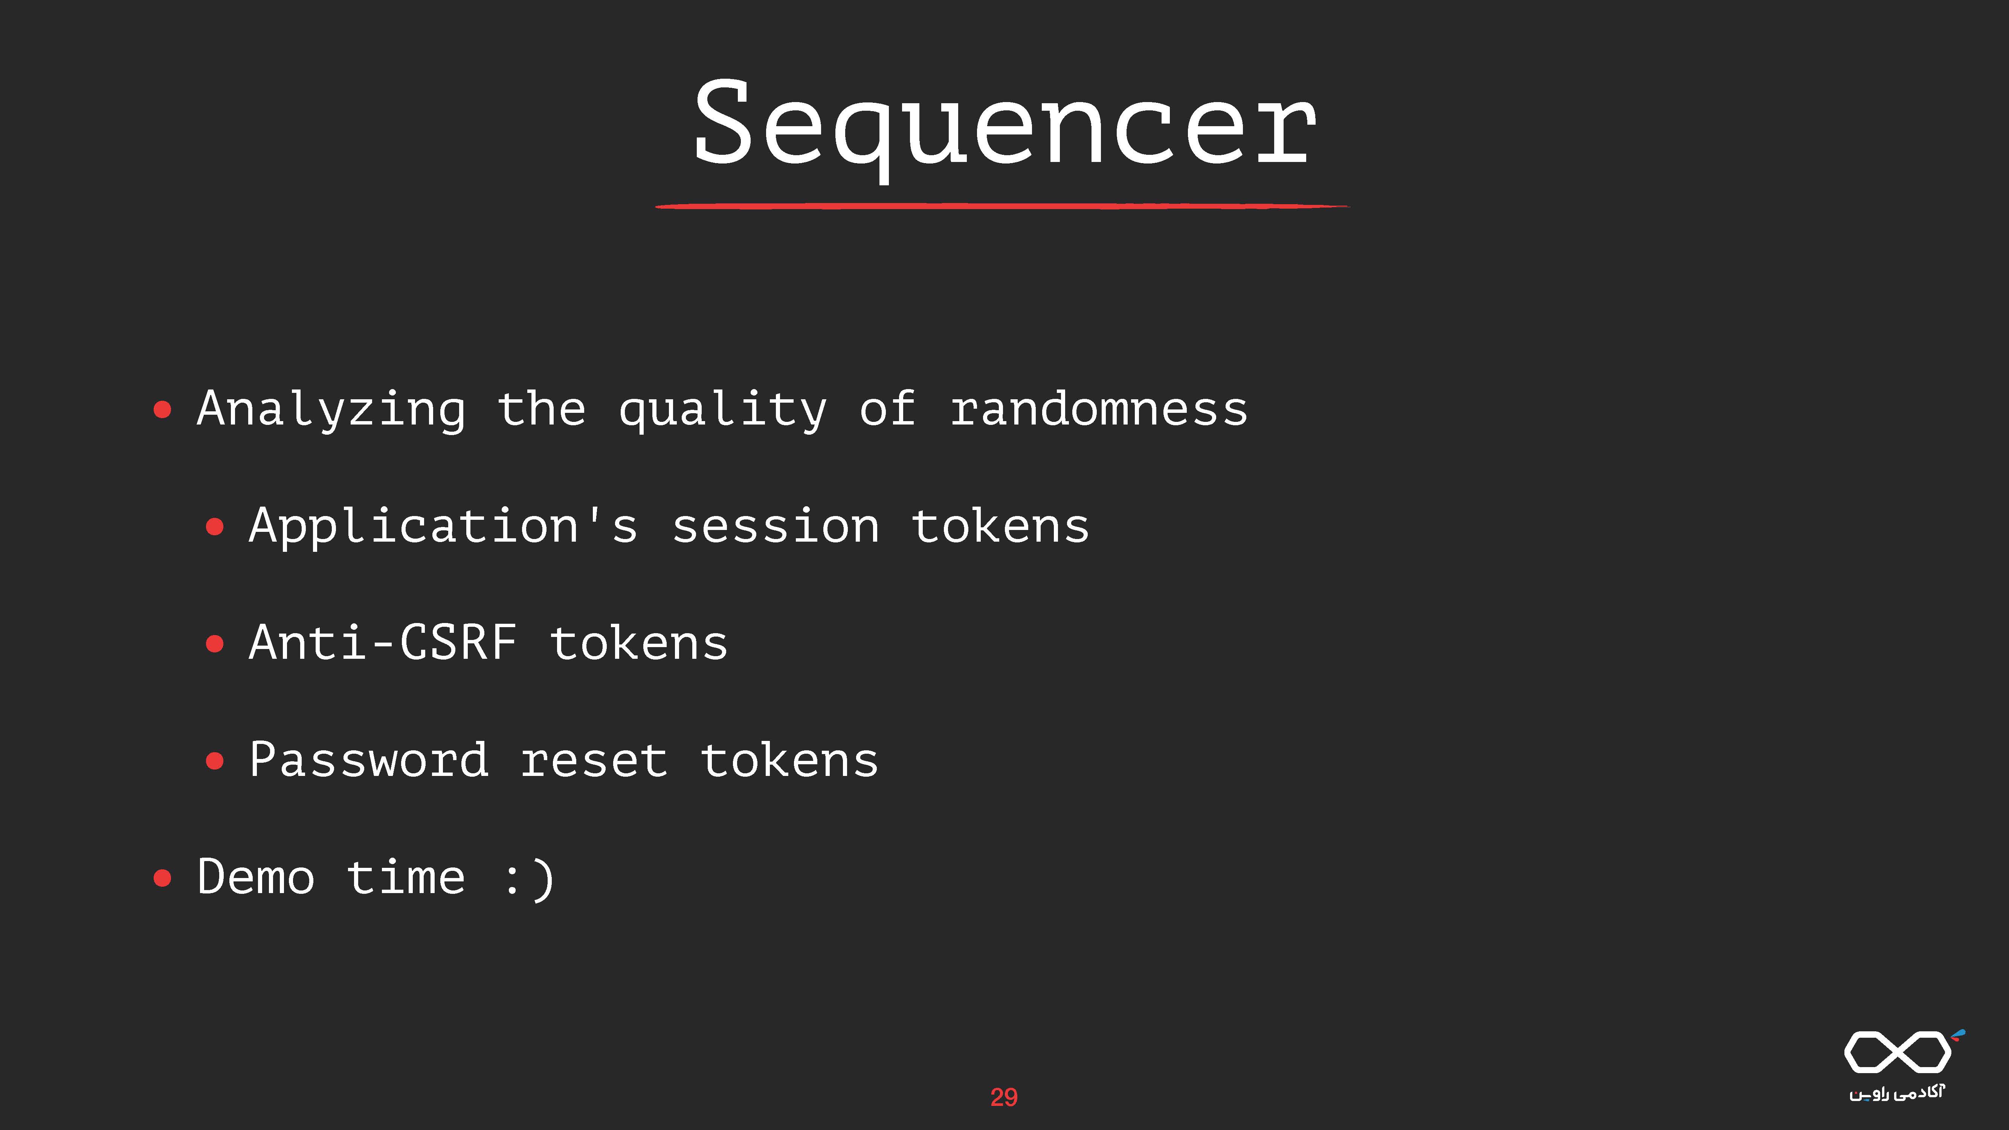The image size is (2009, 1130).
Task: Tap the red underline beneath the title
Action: tap(1002, 206)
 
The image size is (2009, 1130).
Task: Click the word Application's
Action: tap(443, 527)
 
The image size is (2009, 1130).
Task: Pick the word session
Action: tap(776, 527)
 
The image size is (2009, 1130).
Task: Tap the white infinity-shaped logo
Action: tap(1898, 1052)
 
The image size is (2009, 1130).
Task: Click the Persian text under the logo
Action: tap(1897, 1093)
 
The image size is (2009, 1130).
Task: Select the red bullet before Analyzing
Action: tap(162, 409)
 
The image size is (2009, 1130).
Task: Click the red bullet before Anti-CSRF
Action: tap(214, 644)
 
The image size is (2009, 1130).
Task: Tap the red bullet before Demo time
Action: tap(162, 878)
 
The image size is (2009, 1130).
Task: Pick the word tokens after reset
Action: tap(789, 760)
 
